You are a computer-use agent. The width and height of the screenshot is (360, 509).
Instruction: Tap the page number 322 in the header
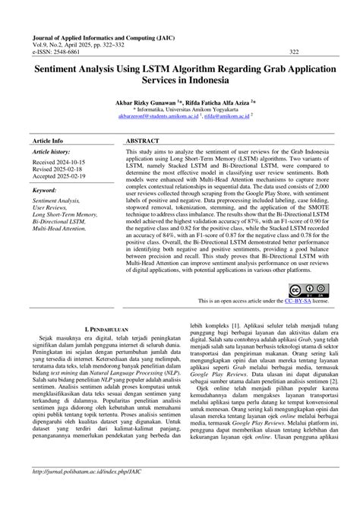click(x=294, y=52)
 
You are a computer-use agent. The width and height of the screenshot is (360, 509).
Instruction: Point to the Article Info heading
click(x=48, y=141)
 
